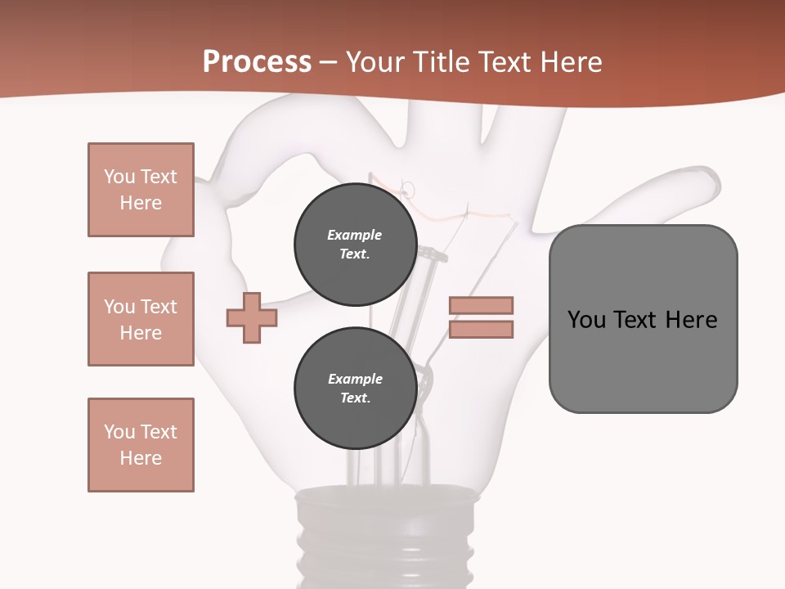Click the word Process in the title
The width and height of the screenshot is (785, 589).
pyautogui.click(x=257, y=61)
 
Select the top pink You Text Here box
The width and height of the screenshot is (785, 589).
pyautogui.click(x=141, y=190)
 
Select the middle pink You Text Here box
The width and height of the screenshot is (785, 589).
pyautogui.click(x=141, y=319)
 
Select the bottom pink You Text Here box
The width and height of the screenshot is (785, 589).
pyautogui.click(x=141, y=445)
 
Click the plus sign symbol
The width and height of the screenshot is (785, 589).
pyautogui.click(x=252, y=317)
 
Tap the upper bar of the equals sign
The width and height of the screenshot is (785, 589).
pyautogui.click(x=481, y=305)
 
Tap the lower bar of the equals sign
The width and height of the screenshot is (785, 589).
pyautogui.click(x=481, y=330)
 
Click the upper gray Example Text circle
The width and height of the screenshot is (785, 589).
pyautogui.click(x=355, y=244)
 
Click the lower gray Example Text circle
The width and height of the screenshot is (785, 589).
pyautogui.click(x=355, y=388)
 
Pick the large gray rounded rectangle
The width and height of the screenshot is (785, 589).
pyautogui.click(x=643, y=360)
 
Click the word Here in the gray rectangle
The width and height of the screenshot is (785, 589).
pyautogui.click(x=691, y=319)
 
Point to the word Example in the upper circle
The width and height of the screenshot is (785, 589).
pyautogui.click(x=355, y=235)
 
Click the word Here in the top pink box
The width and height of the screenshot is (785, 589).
pyautogui.click(x=141, y=203)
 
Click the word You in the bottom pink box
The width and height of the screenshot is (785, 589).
pyautogui.click(x=119, y=432)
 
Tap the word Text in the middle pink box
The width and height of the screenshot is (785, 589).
pyautogui.click(x=159, y=307)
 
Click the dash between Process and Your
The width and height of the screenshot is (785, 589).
pyautogui.click(x=329, y=63)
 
